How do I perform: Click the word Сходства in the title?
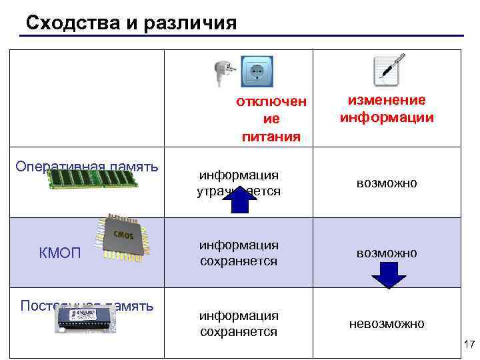(73, 23)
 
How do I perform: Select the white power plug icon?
(221, 71)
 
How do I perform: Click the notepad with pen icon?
(387, 70)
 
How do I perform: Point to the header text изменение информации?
(387, 109)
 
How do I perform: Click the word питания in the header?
(271, 137)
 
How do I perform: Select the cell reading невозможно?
(387, 323)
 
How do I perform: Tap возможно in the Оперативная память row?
(387, 183)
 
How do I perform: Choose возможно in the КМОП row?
(387, 253)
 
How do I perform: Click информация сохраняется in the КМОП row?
(239, 253)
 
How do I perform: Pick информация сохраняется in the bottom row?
(239, 323)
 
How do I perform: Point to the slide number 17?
(469, 345)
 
